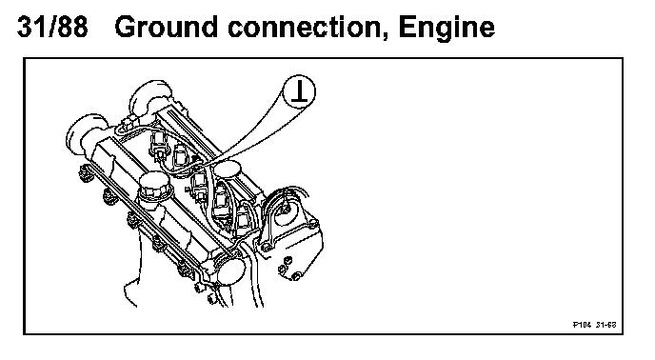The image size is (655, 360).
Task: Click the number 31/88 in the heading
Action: [52, 27]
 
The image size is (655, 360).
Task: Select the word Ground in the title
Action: [166, 27]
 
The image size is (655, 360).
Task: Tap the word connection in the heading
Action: [308, 28]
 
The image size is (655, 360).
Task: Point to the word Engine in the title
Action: [447, 28]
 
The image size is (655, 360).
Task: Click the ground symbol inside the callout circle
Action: [299, 92]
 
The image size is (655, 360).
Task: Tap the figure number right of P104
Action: [606, 325]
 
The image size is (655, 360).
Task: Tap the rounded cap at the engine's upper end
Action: [150, 97]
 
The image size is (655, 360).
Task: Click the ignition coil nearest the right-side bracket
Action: [244, 220]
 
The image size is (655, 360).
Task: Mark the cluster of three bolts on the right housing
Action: [288, 269]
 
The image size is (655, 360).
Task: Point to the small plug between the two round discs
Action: [127, 123]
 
